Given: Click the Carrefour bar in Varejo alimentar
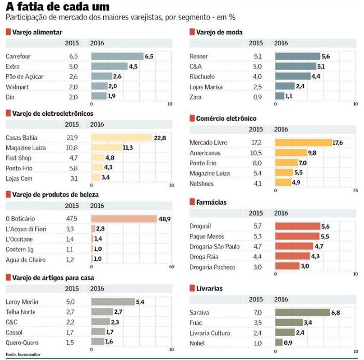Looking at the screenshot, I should (117, 56).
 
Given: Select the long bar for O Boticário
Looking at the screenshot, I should (124, 219).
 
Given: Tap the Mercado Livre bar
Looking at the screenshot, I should (303, 143).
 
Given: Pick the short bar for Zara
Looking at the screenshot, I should (279, 96).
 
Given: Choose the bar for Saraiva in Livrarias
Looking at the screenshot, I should (302, 313).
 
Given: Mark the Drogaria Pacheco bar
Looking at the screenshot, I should (287, 266).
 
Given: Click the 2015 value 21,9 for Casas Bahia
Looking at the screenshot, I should (72, 138).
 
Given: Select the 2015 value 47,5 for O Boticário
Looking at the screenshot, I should (72, 219).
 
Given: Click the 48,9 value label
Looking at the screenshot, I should (165, 219).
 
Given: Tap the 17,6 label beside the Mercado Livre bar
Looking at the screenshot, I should (338, 143).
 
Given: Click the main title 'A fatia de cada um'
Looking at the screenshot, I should (58, 7).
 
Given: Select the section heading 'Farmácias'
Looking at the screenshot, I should (211, 202).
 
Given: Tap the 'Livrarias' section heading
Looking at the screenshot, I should (209, 288).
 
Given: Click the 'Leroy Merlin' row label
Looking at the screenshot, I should (22, 302).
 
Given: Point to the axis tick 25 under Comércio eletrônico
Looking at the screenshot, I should (355, 190).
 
